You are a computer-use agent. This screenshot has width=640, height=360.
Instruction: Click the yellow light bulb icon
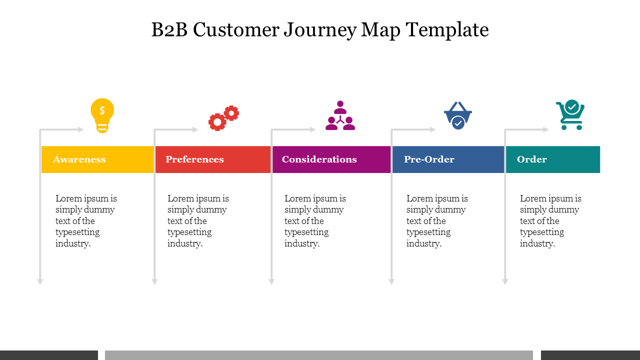[x=102, y=115]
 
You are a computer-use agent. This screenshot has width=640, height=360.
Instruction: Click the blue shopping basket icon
[x=458, y=115]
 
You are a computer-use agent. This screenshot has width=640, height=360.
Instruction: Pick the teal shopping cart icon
[x=570, y=115]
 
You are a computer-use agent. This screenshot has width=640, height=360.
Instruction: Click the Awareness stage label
[x=79, y=159]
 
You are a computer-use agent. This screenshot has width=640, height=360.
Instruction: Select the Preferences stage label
[x=194, y=159]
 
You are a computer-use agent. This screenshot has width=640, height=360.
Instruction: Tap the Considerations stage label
[x=319, y=159]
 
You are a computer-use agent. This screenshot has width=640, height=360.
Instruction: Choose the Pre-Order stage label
[x=429, y=159]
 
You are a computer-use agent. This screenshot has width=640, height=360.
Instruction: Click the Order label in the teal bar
[x=532, y=159]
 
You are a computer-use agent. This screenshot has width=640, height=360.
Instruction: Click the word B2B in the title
[x=169, y=30]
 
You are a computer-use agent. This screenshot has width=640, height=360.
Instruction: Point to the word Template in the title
[x=447, y=30]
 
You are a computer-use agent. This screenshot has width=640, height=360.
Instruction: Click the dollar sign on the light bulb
[x=102, y=110]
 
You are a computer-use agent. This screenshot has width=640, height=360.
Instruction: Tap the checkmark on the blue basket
[x=458, y=122]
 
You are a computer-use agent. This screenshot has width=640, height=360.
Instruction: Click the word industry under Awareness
[x=72, y=243]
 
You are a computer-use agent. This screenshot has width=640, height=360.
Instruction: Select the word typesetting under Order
[x=542, y=232]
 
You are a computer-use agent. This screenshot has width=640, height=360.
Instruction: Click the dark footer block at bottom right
[x=590, y=355]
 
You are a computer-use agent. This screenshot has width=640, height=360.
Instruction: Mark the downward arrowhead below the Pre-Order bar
[x=391, y=281]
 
